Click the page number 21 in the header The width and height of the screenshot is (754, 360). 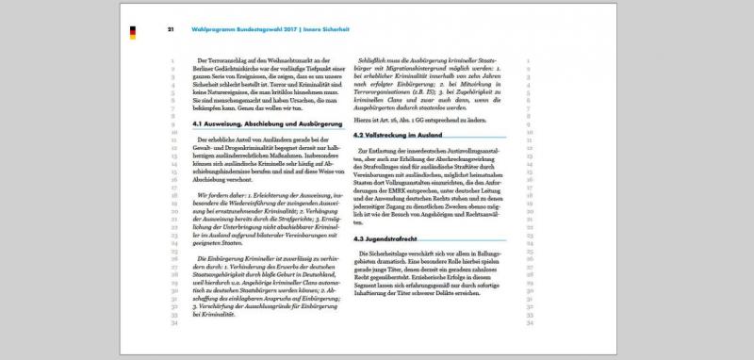171,28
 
